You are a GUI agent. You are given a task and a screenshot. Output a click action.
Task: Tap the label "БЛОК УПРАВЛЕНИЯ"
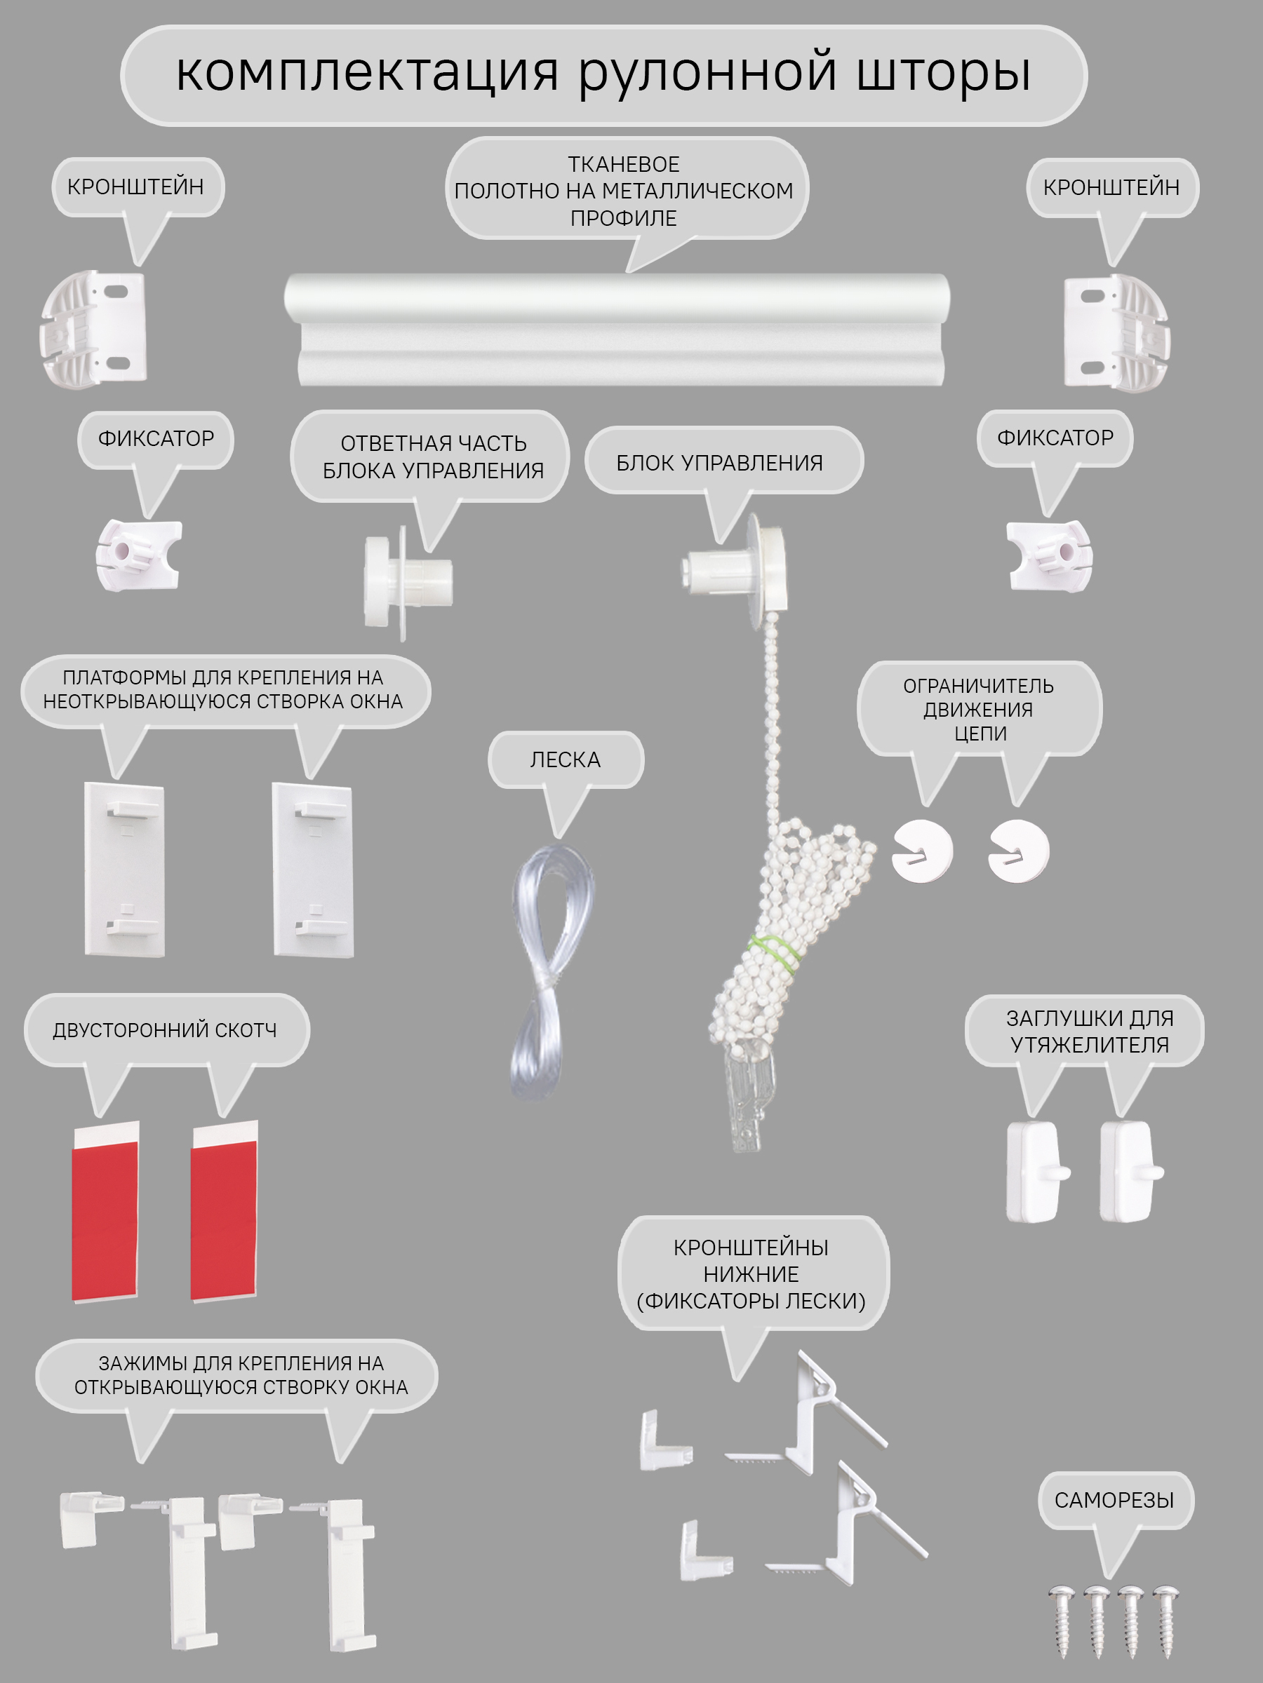click(719, 463)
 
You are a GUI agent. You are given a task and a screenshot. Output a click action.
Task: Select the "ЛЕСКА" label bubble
click(566, 759)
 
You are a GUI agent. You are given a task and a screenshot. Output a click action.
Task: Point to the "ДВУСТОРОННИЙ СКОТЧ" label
click(165, 1029)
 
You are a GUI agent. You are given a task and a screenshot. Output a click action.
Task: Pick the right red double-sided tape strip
click(225, 1210)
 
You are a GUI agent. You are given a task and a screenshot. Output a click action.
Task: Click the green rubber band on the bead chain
click(775, 952)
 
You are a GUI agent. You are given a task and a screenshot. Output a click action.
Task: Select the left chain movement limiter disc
click(922, 851)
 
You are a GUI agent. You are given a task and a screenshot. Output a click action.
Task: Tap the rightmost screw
click(1166, 1620)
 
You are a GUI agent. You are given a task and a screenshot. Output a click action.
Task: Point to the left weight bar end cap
click(1037, 1171)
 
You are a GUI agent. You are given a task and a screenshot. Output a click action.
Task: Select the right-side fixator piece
click(1049, 555)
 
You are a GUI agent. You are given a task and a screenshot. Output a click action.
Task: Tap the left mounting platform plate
click(124, 869)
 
